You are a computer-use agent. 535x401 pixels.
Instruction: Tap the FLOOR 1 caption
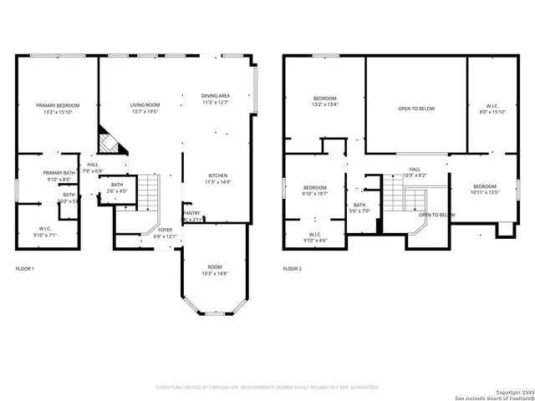pos(25,269)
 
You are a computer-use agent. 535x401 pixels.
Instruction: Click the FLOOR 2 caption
pos(292,269)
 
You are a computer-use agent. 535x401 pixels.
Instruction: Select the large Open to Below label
pos(415,109)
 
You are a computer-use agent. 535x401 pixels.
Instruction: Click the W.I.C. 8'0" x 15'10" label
pos(492,109)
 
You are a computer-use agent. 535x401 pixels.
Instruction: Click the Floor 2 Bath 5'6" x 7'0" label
pos(359,208)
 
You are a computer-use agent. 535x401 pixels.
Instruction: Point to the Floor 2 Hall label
pos(415,172)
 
